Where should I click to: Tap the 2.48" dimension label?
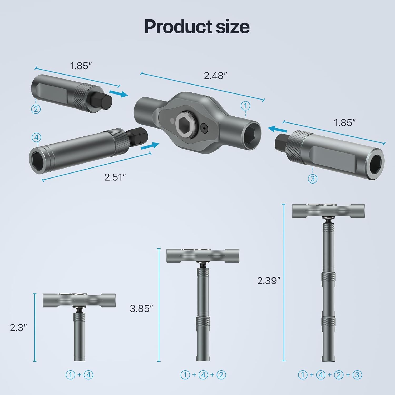click(215, 76)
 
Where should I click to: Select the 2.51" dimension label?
click(115, 177)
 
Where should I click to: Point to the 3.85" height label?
click(141, 308)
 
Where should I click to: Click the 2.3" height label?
click(18, 328)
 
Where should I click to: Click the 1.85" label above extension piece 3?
click(344, 123)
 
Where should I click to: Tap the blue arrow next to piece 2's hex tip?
click(118, 93)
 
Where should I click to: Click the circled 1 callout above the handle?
click(245, 106)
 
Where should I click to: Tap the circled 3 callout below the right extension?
click(312, 179)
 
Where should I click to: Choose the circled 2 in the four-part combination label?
click(339, 375)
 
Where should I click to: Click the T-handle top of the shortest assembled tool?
click(79, 300)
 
